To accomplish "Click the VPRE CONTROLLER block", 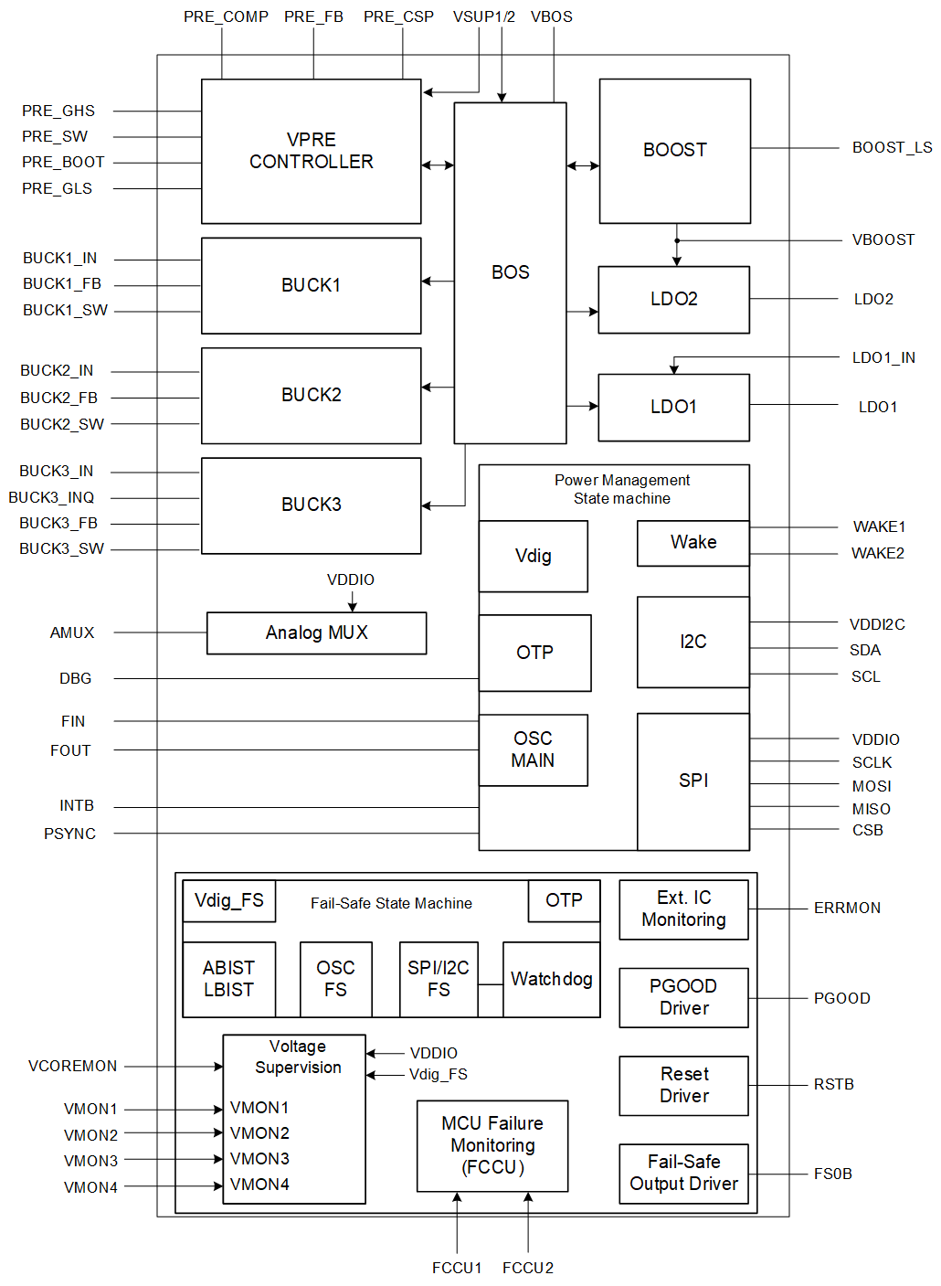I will tap(311, 151).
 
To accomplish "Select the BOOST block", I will tap(674, 151).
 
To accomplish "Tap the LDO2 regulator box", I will tap(673, 299).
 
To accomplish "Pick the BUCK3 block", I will tap(311, 505).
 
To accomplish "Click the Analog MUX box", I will tap(316, 632).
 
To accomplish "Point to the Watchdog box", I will tap(551, 979).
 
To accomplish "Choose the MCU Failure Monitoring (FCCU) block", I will tap(492, 1145).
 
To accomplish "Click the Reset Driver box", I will tap(683, 1085).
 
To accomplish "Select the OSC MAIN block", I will tap(533, 749).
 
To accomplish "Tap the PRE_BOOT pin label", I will tap(63, 162).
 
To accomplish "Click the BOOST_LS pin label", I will tap(892, 147).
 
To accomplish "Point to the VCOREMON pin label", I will tap(73, 1066).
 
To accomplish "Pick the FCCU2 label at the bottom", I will tap(528, 1268).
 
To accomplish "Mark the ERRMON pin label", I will tap(847, 908).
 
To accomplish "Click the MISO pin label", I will tap(871, 809).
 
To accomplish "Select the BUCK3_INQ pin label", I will tap(51, 497).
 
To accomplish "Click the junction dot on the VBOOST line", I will tap(677, 240).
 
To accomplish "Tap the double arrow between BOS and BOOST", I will tap(583, 165).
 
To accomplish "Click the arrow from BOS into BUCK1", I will tap(438, 281).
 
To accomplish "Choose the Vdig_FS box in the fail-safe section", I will tap(228, 900).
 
